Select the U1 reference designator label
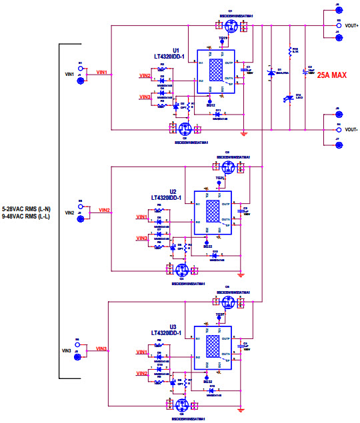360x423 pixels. click(176, 51)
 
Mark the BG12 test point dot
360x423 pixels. click(211, 101)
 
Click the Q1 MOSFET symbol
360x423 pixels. click(231, 26)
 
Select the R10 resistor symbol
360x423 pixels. click(289, 52)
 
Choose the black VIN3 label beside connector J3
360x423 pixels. click(67, 350)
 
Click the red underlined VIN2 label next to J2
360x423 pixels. click(105, 211)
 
